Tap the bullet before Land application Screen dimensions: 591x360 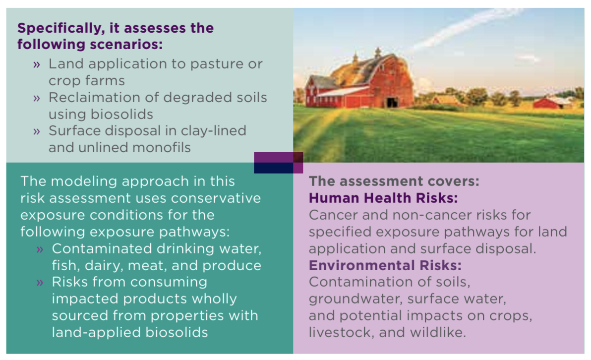point(37,65)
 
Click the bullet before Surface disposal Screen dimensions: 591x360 point(37,131)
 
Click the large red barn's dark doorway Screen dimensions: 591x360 point(392,102)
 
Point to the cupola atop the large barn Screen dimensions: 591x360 point(378,52)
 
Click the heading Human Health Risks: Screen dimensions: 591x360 point(383,198)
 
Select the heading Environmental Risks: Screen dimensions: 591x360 point(385,265)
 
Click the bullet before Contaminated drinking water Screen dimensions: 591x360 point(40,249)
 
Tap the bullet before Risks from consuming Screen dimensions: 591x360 point(40,283)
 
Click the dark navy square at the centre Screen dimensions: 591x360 point(274,168)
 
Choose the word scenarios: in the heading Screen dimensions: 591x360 point(127,45)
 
